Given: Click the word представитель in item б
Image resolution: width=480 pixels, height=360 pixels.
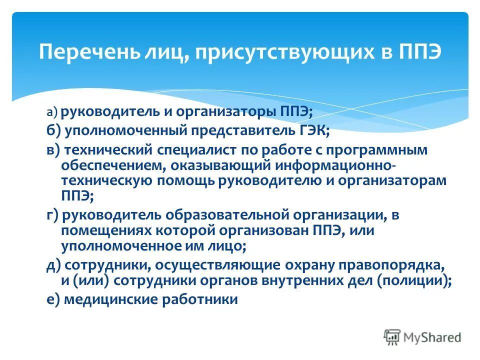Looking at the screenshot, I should click(239, 130).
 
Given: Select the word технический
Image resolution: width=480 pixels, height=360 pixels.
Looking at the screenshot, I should click(99, 149).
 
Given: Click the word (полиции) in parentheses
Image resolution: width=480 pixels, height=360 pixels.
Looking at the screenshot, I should click(413, 280).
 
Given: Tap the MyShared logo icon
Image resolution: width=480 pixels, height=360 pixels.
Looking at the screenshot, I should click(392, 337).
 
